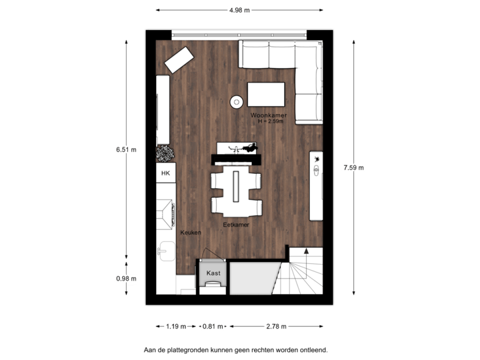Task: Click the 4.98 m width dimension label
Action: [239, 10]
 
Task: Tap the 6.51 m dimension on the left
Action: [126, 150]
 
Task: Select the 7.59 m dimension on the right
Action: [353, 167]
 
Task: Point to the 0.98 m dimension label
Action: [126, 278]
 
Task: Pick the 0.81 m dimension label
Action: [213, 327]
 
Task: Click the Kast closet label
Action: [213, 273]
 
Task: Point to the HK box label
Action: [166, 174]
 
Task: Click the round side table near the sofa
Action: [237, 102]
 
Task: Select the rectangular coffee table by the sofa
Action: [266, 94]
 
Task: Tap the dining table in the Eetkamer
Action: [236, 186]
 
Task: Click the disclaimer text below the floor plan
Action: [235, 349]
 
